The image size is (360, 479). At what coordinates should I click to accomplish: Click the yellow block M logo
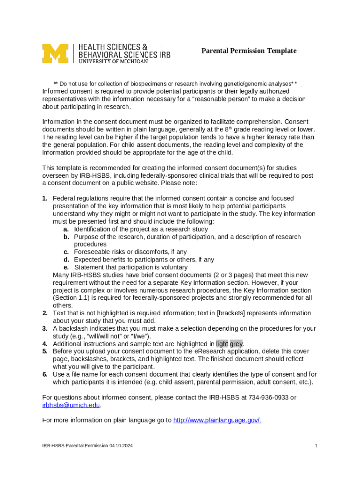click(55, 53)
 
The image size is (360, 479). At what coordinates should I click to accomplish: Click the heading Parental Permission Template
click(249, 51)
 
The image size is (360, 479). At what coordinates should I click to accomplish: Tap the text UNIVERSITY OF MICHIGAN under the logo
click(113, 61)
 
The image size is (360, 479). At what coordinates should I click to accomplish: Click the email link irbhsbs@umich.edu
click(71, 405)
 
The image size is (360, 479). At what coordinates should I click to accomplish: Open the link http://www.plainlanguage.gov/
click(217, 420)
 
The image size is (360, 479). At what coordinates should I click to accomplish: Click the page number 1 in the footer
click(316, 446)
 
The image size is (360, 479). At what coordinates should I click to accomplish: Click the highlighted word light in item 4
click(222, 344)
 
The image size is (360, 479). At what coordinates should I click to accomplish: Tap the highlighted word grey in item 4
click(236, 344)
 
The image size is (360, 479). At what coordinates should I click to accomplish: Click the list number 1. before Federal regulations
click(45, 198)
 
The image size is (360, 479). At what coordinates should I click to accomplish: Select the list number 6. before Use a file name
click(45, 374)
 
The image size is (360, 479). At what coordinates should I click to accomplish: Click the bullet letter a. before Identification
click(66, 229)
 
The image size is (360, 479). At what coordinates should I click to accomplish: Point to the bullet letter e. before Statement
click(66, 267)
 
